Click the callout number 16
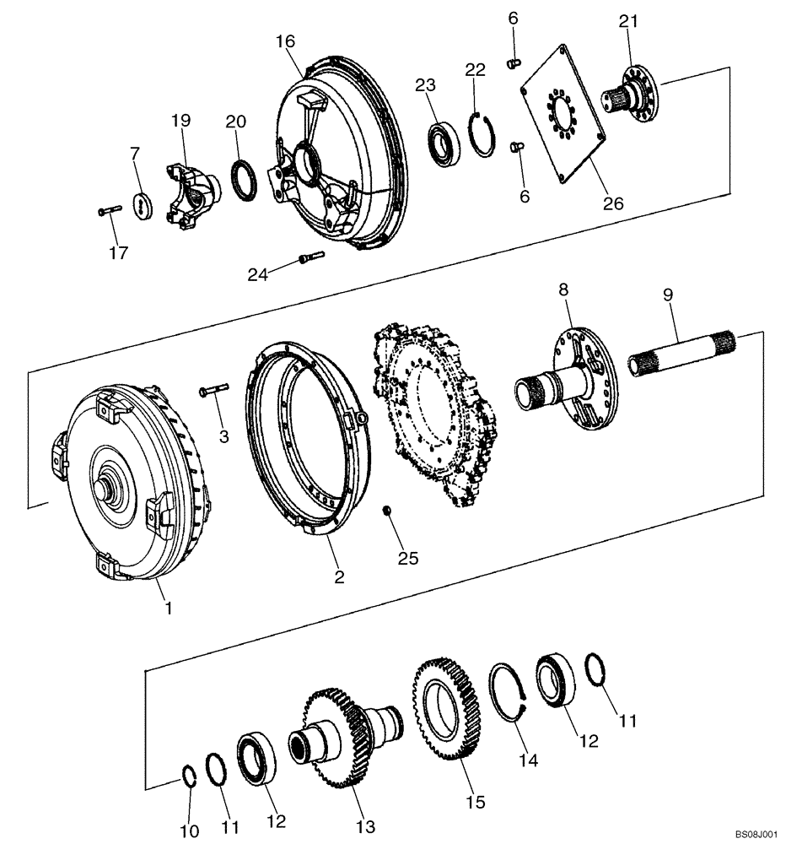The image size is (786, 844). [x=285, y=40]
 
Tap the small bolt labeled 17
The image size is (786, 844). [x=110, y=210]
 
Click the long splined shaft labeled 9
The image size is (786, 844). [x=683, y=354]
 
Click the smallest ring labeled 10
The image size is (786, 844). [x=191, y=775]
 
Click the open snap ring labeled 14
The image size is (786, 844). [x=509, y=693]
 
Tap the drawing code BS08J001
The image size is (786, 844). [x=754, y=831]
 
